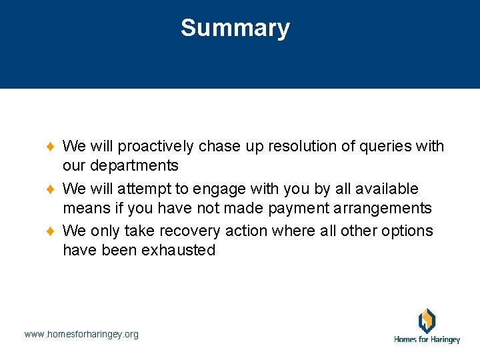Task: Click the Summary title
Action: (235, 28)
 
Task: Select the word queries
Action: (380, 146)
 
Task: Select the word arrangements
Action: (384, 208)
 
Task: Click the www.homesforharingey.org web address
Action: (81, 334)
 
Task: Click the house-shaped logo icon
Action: (427, 320)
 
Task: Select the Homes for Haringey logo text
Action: (427, 339)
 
